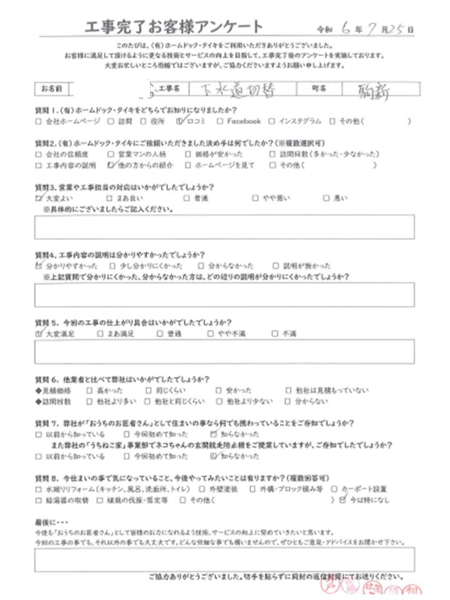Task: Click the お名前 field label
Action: [54, 90]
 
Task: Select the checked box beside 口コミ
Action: [180, 121]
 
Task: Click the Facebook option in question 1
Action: [244, 121]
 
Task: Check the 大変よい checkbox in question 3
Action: [40, 198]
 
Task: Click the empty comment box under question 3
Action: [225, 227]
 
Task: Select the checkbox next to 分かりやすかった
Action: [40, 265]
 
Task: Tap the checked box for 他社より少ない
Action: [216, 402]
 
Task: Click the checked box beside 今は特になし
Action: [341, 500]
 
